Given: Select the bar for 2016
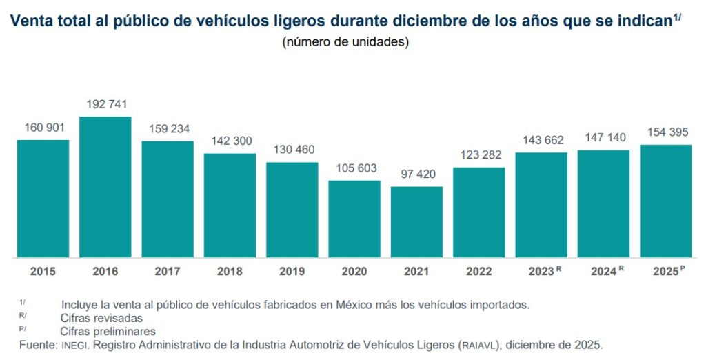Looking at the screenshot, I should click(105, 187).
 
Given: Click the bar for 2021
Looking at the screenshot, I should click(416, 221).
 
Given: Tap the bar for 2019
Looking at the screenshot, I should click(292, 210).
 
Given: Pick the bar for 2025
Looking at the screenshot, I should click(666, 201).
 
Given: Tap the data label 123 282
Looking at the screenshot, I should click(479, 155).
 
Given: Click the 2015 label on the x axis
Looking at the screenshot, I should click(43, 271).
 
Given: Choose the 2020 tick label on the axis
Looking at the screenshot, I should click(354, 271).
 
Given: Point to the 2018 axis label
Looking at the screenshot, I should click(230, 271).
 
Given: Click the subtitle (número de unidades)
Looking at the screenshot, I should click(346, 42).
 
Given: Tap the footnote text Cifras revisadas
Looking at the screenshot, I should click(101, 318).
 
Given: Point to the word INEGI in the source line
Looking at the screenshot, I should click(75, 344).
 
